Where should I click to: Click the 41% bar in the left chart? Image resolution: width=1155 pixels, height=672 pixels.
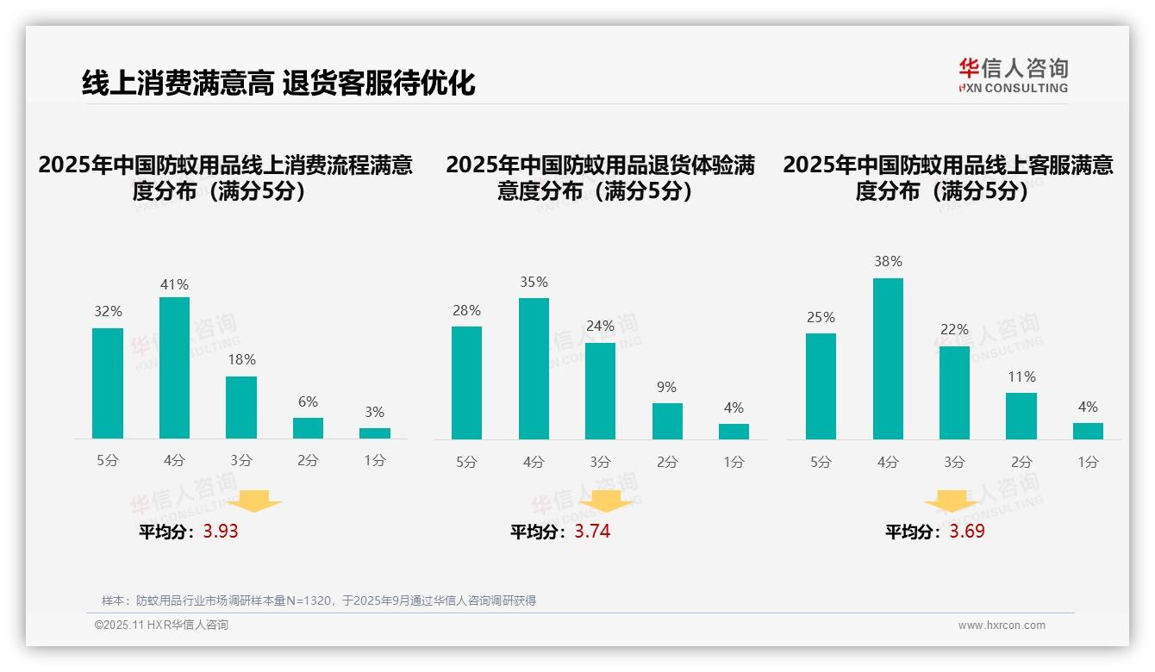pyautogui.click(x=174, y=368)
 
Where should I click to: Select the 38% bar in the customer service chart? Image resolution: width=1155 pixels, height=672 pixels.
pyautogui.click(x=888, y=358)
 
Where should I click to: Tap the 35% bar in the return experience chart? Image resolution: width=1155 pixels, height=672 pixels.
pyautogui.click(x=534, y=369)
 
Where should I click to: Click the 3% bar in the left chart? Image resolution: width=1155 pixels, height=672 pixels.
pyautogui.click(x=375, y=433)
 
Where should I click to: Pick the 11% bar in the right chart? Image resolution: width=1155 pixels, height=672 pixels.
pyautogui.click(x=1021, y=416)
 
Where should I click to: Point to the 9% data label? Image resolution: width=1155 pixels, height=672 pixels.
pyautogui.click(x=666, y=388)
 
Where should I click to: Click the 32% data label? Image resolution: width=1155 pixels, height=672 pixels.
pyautogui.click(x=108, y=312)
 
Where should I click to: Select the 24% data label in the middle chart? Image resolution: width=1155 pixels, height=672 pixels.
pyautogui.click(x=600, y=327)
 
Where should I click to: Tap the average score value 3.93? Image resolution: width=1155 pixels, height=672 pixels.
pyautogui.click(x=221, y=532)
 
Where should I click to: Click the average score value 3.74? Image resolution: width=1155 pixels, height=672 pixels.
pyautogui.click(x=592, y=532)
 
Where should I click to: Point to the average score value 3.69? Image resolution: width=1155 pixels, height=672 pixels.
pyautogui.click(x=967, y=532)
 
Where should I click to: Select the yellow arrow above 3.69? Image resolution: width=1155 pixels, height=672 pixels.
pyautogui.click(x=952, y=501)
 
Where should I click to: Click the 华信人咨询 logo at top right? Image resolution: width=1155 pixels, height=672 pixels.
pyautogui.click(x=1013, y=75)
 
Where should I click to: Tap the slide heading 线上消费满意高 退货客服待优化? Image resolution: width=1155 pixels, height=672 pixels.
pyautogui.click(x=278, y=84)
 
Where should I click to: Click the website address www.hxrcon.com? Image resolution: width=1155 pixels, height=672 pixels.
pyautogui.click(x=1002, y=625)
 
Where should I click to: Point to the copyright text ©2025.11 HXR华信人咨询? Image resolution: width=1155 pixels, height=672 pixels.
pyautogui.click(x=161, y=625)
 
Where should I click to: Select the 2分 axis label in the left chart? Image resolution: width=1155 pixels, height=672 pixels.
pyautogui.click(x=308, y=461)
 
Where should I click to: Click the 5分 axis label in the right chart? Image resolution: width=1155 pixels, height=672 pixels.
pyautogui.click(x=821, y=463)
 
